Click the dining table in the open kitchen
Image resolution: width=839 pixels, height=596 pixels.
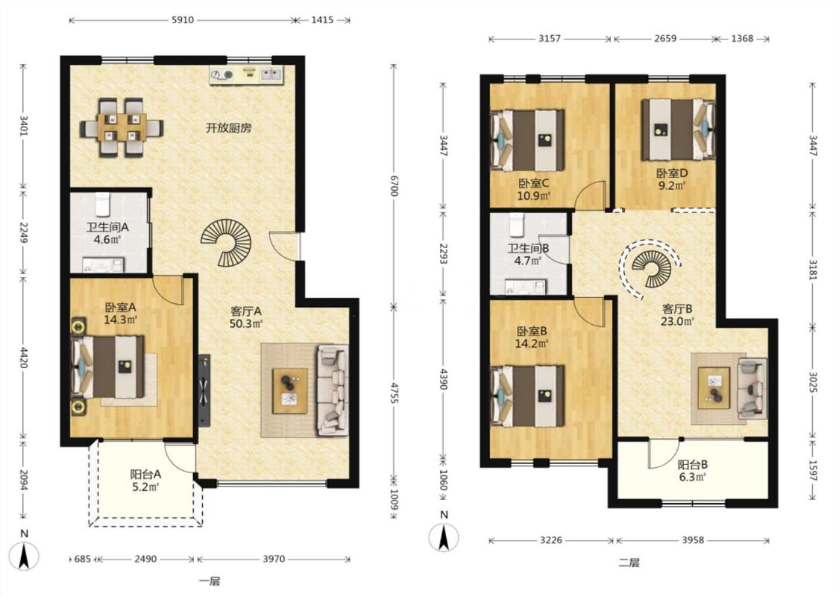point(122,127)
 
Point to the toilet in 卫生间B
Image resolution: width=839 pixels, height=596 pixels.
point(516,225)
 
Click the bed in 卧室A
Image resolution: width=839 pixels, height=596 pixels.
point(108,367)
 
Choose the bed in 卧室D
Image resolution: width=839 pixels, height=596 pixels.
point(679,129)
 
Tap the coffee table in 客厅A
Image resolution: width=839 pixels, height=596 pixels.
point(290,390)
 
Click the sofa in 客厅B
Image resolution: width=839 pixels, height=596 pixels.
point(752,388)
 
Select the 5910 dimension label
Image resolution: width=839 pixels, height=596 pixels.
point(183,20)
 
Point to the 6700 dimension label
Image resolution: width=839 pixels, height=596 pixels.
point(394,185)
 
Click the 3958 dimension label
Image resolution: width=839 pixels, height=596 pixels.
point(692,540)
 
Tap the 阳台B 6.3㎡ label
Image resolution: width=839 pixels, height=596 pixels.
point(693,470)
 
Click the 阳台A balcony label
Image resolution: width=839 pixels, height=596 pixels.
point(145,474)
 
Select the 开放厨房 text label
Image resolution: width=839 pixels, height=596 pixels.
point(229,127)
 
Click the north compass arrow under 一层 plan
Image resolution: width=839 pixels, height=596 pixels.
point(24,556)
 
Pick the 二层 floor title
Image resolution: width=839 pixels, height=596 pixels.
point(629,562)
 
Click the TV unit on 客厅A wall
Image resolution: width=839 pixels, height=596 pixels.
point(204,390)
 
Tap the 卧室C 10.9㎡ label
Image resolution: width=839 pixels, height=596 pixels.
point(533,189)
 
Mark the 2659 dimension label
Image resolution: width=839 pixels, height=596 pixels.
point(664,39)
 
